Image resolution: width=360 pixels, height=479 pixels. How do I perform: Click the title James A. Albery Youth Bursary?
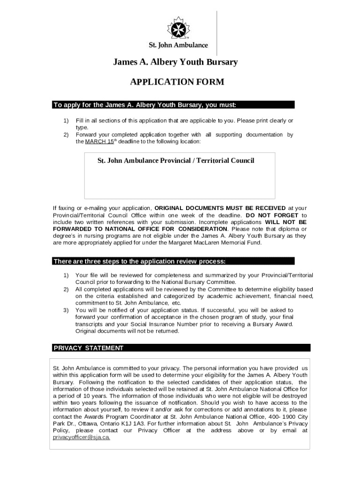pyautogui.click(x=175, y=62)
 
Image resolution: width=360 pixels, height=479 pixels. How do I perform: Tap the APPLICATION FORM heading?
pyautogui.click(x=177, y=83)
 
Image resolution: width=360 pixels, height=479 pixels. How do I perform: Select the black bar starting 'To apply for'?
pyautogui.click(x=173, y=104)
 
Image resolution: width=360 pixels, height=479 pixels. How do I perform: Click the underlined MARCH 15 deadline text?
pyautogui.click(x=93, y=141)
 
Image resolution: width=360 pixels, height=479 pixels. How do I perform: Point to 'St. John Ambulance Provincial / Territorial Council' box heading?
pyautogui.click(x=176, y=161)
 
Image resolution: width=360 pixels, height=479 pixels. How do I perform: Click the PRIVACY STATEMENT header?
pyautogui.click(x=89, y=348)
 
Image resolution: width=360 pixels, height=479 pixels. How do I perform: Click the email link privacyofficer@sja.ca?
pyautogui.click(x=82, y=437)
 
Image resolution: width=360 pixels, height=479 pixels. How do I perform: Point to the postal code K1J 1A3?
pyautogui.click(x=132, y=423)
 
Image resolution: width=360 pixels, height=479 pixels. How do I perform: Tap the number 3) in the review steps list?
pyautogui.click(x=66, y=310)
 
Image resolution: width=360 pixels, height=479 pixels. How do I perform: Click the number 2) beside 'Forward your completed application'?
pyautogui.click(x=66, y=135)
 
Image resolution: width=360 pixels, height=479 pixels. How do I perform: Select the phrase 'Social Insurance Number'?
pyautogui.click(x=185, y=324)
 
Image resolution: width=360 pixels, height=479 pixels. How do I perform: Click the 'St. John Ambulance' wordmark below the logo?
pyautogui.click(x=178, y=46)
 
